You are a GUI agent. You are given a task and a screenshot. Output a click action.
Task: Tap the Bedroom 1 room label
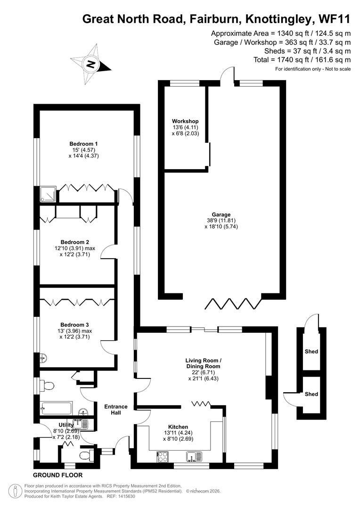click(x=83, y=144)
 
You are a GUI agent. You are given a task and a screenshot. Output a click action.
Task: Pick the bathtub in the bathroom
click(x=56, y=407)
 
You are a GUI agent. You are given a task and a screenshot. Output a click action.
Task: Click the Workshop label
click(x=185, y=121)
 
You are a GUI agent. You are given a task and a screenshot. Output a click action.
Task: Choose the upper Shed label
click(x=311, y=352)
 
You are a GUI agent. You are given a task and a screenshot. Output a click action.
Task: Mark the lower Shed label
click(x=311, y=394)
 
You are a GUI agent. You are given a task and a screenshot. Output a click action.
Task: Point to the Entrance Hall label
click(x=116, y=410)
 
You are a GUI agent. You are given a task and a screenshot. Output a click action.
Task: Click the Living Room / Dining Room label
click(x=203, y=363)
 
